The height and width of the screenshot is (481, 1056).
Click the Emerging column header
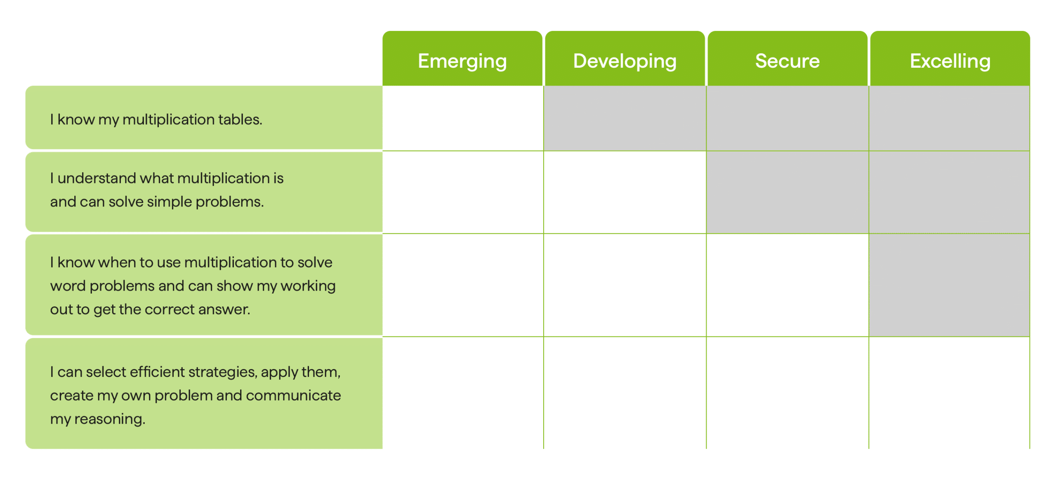click(x=462, y=59)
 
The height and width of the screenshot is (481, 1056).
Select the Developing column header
click(x=625, y=59)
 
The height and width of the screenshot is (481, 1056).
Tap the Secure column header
click(x=787, y=59)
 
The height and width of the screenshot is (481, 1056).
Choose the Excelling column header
click(x=950, y=59)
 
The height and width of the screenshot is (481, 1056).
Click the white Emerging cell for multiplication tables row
click(x=463, y=118)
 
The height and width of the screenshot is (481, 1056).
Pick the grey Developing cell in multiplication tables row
click(x=625, y=118)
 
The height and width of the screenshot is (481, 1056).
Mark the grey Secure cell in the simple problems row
click(x=787, y=192)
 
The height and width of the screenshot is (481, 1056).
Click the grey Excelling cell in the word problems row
click(x=949, y=285)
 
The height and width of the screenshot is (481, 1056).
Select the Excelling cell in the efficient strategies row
click(x=949, y=393)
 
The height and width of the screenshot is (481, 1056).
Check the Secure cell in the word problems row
click(x=787, y=285)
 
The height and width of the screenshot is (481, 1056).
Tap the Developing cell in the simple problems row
click(x=625, y=192)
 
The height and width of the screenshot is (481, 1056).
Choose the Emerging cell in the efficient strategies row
click(x=463, y=393)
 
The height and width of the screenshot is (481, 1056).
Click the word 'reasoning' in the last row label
click(x=110, y=419)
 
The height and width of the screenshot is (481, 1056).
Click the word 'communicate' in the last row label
click(x=293, y=395)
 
